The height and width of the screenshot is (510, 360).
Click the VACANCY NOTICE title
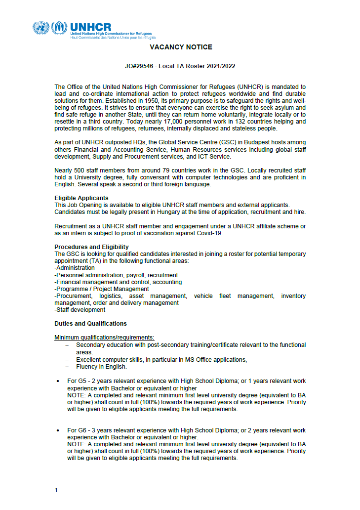[x=181, y=47]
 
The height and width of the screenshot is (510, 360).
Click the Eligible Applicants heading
[x=81, y=198]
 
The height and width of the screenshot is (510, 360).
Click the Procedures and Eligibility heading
[x=91, y=247]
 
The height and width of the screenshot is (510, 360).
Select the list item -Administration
[x=75, y=268]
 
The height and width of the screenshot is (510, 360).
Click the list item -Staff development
[x=80, y=310]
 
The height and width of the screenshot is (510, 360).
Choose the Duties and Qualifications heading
[x=90, y=324]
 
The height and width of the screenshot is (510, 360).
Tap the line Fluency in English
[x=101, y=367]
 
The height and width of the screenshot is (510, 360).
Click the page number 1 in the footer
[x=56, y=490]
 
